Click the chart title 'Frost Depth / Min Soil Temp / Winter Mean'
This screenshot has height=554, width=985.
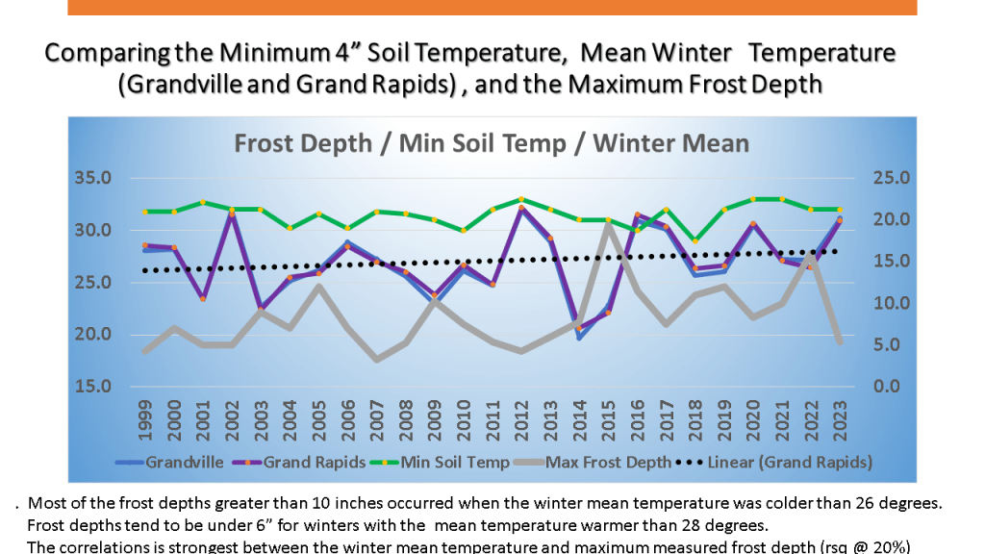tap(492, 143)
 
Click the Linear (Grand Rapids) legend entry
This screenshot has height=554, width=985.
tap(789, 462)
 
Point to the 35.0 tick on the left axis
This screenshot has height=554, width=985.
tap(101, 179)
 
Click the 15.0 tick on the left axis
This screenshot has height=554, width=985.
tap(101, 387)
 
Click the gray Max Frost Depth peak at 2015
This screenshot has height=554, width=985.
tap(608, 224)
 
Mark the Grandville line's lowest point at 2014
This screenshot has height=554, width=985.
tap(579, 337)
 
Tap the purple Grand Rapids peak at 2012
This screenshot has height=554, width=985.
tap(521, 208)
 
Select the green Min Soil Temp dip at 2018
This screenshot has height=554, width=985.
tap(695, 241)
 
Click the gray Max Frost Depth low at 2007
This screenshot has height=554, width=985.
tap(376, 360)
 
